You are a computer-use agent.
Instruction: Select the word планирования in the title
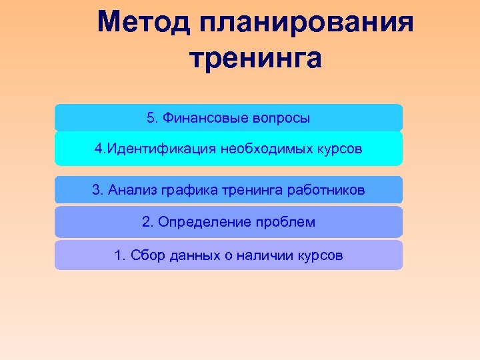[x=306, y=24]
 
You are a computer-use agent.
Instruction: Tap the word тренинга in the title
[x=255, y=58]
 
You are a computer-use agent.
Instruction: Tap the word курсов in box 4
[x=340, y=149]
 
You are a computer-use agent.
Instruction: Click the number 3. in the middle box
[x=97, y=190]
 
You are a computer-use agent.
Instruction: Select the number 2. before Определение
[x=147, y=222]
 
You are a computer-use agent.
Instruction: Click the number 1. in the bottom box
[x=119, y=255]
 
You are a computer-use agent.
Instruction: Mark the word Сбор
[x=143, y=255]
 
